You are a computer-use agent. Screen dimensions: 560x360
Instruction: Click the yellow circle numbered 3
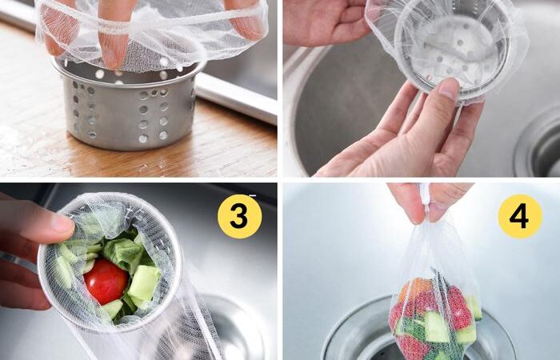point(240,217)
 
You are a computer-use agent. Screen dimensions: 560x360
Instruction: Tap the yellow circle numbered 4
point(520,217)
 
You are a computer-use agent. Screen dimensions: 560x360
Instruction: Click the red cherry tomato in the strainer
point(106,282)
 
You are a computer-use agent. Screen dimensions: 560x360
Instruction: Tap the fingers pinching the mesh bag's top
point(430,202)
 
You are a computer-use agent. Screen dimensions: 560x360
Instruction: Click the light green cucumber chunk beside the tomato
point(144,283)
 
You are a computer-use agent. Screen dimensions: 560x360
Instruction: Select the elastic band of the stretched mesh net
point(150,25)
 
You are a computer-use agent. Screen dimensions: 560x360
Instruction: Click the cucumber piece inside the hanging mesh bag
point(437,326)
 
